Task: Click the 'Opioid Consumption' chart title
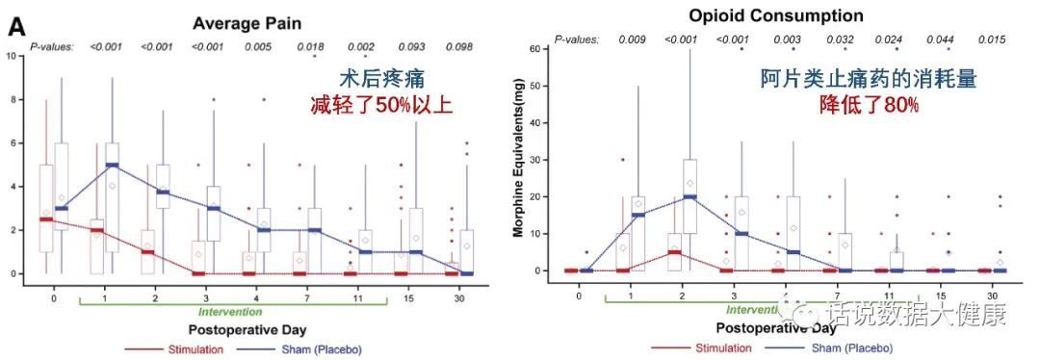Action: point(776,16)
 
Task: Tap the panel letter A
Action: point(17,28)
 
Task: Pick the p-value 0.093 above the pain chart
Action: point(414,45)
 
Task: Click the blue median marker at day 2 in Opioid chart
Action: point(689,196)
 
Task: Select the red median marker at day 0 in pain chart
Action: point(46,219)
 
